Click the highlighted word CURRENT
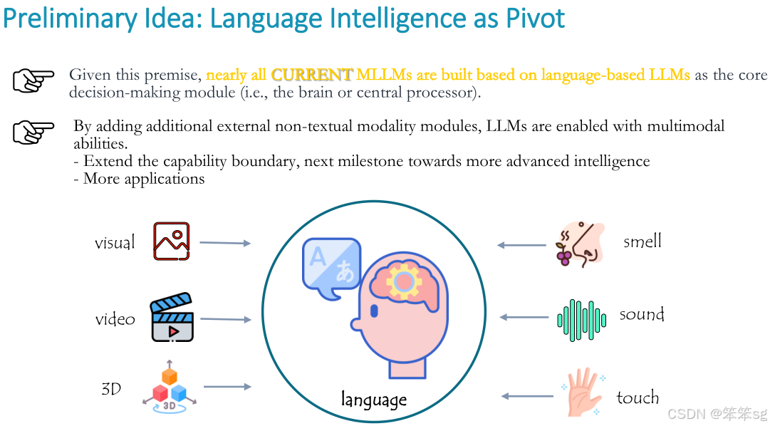[x=312, y=75]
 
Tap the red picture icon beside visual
[x=172, y=241]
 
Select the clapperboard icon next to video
[x=172, y=318]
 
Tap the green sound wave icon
[x=581, y=320]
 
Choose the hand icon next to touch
[x=583, y=392]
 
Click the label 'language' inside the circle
[x=374, y=400]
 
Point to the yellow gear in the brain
[x=404, y=281]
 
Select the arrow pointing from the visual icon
[x=225, y=243]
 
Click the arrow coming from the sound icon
[x=524, y=318]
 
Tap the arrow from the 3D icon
[x=227, y=387]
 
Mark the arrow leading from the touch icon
[x=527, y=396]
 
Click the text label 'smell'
[x=642, y=241]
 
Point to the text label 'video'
[x=115, y=319]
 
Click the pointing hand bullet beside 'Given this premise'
[x=33, y=80]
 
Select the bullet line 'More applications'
[x=140, y=179]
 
